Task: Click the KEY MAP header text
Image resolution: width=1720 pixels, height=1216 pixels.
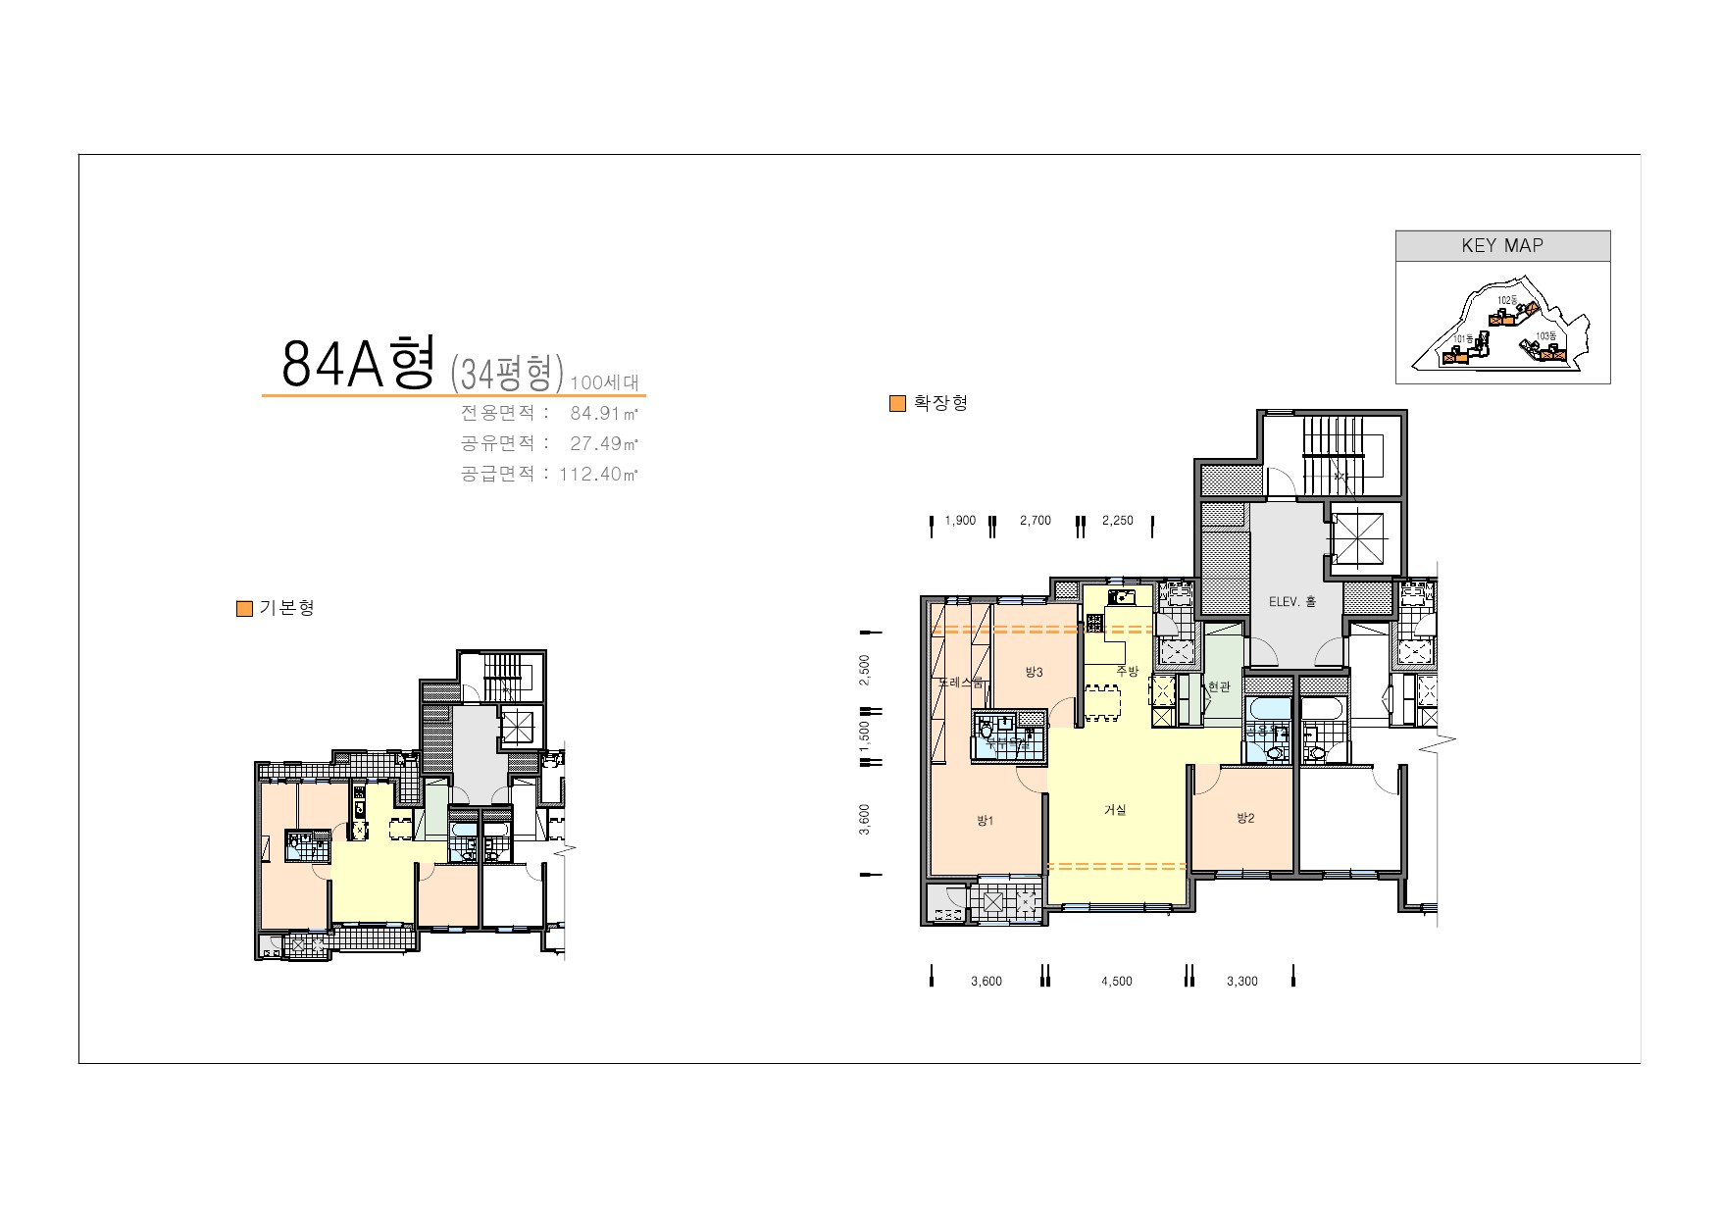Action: tap(1501, 246)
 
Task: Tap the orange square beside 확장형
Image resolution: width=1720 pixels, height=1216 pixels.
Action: tap(897, 404)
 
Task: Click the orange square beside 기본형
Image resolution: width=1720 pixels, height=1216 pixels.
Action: tap(245, 609)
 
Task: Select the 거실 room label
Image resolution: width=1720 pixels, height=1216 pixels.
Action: tap(1115, 810)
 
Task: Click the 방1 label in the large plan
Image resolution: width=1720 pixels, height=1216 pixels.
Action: tap(985, 821)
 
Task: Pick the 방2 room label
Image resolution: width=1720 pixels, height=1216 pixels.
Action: tap(1245, 818)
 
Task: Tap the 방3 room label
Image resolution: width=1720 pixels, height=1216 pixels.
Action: tap(1034, 672)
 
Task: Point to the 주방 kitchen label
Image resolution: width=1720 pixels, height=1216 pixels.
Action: tap(1128, 671)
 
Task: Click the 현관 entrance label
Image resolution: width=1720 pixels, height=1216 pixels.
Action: tap(1219, 687)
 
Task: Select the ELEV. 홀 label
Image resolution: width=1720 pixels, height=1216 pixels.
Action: tap(1292, 602)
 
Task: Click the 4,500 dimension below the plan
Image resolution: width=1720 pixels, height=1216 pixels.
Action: tap(1116, 982)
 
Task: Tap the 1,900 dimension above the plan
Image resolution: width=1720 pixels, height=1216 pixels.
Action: tap(960, 521)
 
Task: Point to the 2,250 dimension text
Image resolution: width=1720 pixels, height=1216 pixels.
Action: tap(1117, 521)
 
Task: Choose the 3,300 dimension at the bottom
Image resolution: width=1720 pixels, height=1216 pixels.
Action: tap(1241, 982)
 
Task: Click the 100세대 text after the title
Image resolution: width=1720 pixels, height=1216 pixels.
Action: tap(604, 382)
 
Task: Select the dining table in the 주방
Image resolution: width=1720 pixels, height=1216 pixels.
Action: tap(1107, 703)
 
